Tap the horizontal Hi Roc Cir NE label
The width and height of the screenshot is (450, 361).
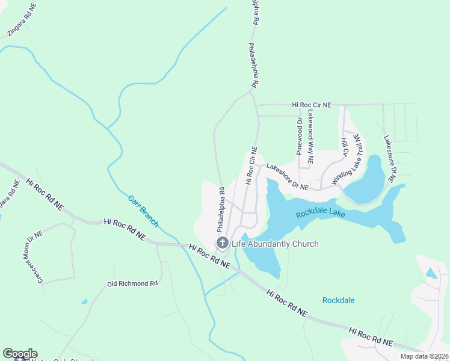(x=312, y=105)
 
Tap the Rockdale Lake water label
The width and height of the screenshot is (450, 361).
(x=319, y=214)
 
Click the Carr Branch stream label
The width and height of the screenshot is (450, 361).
(x=143, y=211)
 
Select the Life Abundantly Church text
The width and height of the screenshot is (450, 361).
(x=274, y=244)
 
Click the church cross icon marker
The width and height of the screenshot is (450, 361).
(x=222, y=243)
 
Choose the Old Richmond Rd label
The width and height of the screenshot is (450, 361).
(x=132, y=283)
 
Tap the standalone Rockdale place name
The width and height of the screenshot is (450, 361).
(x=338, y=300)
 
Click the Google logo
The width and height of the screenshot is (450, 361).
(x=20, y=354)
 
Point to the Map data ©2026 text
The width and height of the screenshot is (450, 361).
(x=424, y=356)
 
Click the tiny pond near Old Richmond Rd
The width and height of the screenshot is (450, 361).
(x=84, y=301)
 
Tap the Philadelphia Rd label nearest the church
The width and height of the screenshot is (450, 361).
(x=221, y=211)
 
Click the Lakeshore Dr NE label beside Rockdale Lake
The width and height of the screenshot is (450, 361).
(x=288, y=177)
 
